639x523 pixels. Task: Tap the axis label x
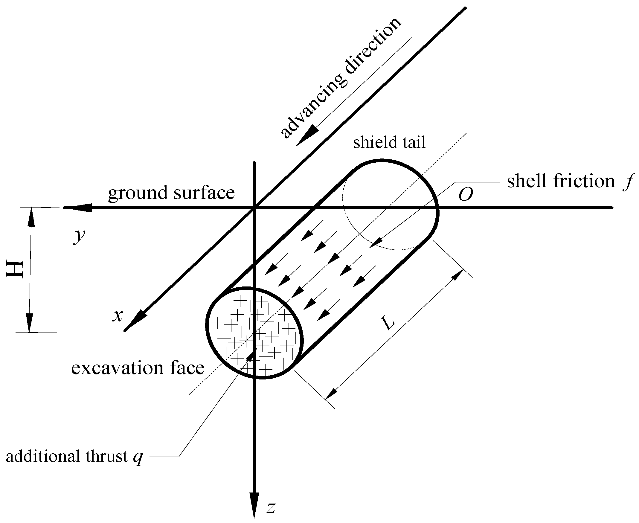[117, 315]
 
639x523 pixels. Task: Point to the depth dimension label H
[15, 269]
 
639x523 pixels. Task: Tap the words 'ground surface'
[171, 193]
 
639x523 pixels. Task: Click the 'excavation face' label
[138, 368]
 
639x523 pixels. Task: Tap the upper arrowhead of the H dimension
[31, 217]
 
